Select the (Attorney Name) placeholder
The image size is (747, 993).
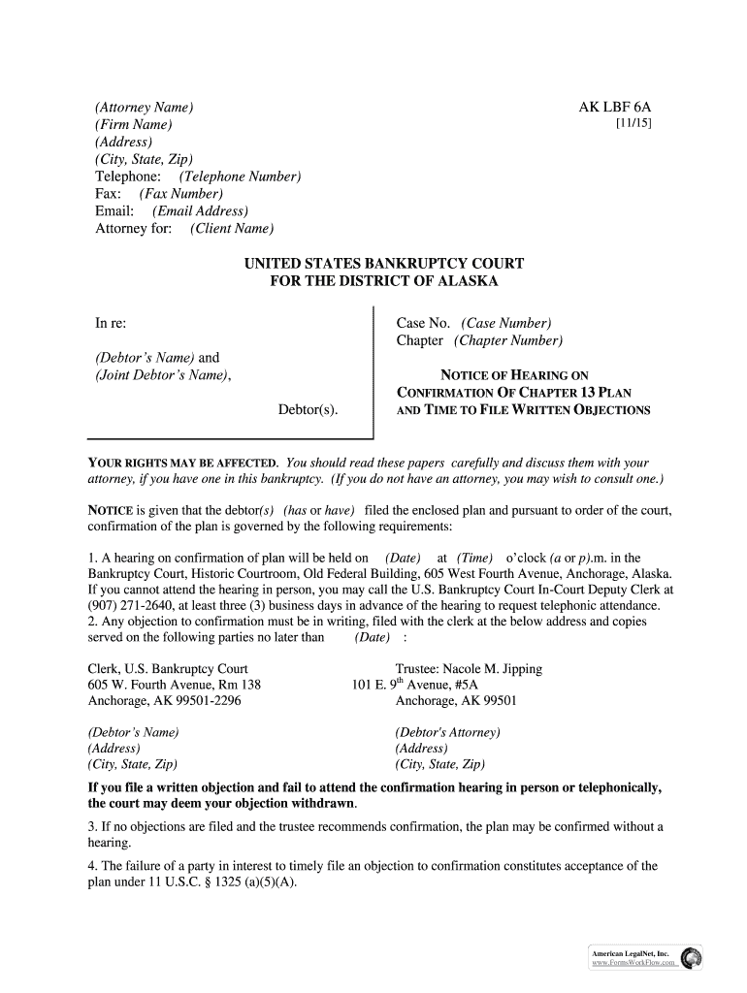[144, 108]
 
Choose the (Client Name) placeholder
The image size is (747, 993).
[232, 229]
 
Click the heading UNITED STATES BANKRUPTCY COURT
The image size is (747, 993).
[383, 264]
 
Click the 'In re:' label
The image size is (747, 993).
[110, 323]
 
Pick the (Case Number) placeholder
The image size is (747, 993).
[506, 323]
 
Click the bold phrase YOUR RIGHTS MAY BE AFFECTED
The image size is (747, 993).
[183, 463]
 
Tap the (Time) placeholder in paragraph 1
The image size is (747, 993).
[475, 558]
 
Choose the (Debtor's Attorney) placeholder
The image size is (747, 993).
[447, 732]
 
